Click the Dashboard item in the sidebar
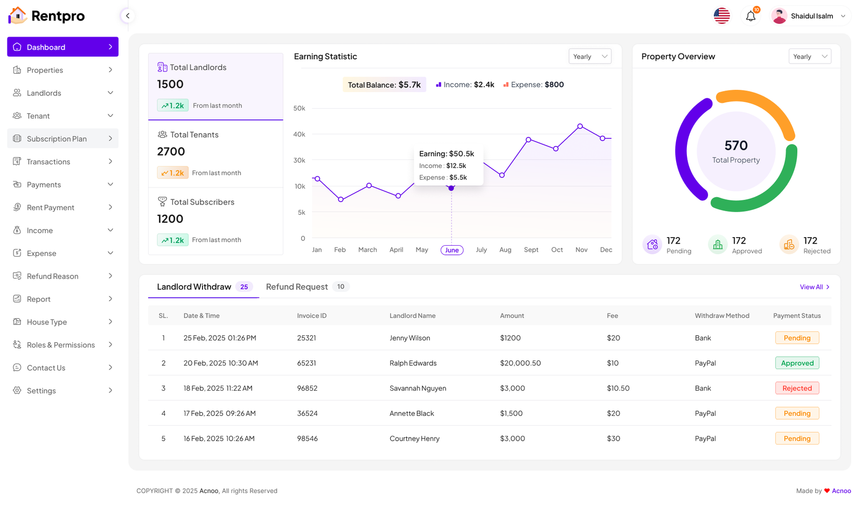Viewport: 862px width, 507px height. (62, 47)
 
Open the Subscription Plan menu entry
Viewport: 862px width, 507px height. (62, 138)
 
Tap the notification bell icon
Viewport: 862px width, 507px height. (750, 16)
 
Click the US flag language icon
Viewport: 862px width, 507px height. (721, 16)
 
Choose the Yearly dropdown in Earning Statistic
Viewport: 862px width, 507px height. (590, 57)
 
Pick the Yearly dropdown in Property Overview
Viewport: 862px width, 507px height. (810, 57)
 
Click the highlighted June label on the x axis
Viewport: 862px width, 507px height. (451, 250)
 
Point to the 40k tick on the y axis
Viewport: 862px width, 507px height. (299, 134)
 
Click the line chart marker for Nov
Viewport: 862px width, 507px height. (580, 126)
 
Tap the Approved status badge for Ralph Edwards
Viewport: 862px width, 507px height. (797, 363)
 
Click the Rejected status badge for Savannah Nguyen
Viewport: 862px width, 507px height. (797, 388)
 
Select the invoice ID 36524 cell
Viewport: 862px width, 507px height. (307, 413)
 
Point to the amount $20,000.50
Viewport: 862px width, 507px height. (520, 363)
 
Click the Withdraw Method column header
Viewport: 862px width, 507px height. (721, 316)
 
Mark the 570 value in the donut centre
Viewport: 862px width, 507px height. (736, 145)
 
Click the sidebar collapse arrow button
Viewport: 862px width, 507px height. (128, 16)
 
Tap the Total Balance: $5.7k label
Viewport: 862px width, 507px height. (384, 85)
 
